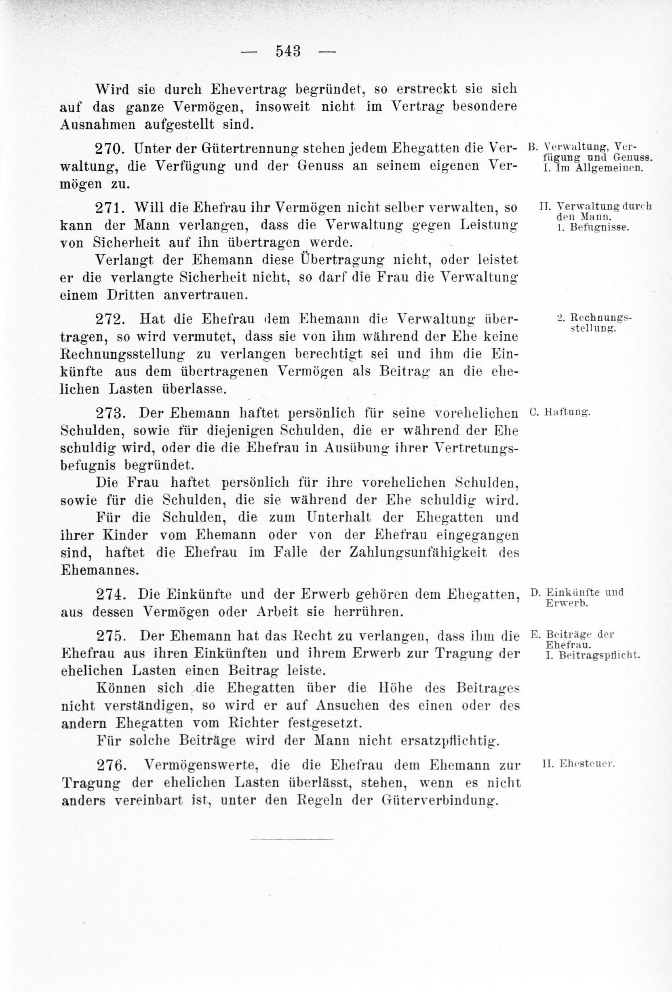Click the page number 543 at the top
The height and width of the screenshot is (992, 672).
[288, 51]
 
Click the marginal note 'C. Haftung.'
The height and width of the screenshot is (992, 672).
[559, 412]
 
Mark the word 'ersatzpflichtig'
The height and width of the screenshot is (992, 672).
[450, 741]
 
